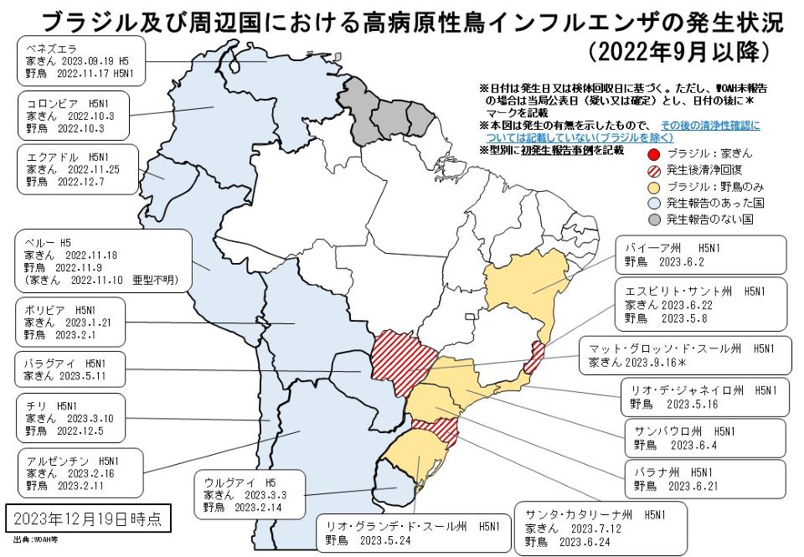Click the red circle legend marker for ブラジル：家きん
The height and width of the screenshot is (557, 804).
[654, 153]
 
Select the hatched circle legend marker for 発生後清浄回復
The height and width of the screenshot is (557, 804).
[654, 170]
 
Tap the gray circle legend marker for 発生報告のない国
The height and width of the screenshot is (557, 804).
[654, 219]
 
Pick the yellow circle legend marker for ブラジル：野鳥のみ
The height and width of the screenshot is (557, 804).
[654, 187]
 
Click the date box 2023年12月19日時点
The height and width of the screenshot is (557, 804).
[87, 517]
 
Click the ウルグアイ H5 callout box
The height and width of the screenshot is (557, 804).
[252, 494]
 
